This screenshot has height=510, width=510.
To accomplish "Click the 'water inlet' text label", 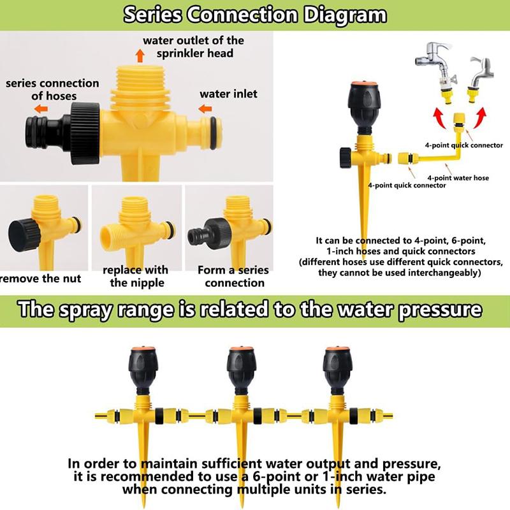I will click(228, 94).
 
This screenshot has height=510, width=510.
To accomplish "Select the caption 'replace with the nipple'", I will click(135, 276).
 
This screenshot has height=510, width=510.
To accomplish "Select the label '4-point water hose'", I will click(458, 178).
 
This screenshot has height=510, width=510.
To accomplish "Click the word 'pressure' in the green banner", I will click(433, 310).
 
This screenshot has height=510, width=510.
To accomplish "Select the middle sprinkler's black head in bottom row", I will click(241, 372).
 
